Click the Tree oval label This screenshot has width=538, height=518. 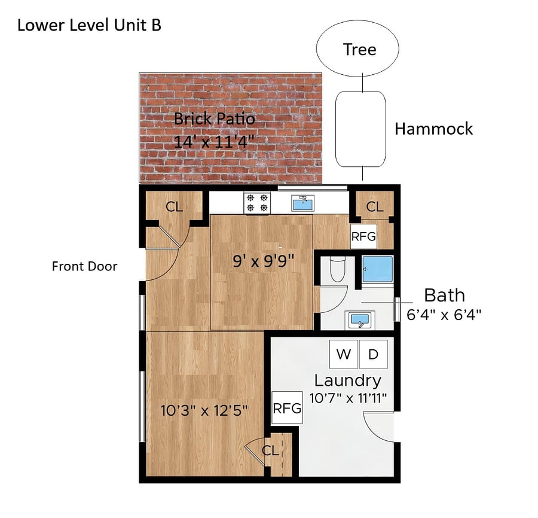click(359, 50)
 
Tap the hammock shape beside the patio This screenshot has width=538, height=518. click(360, 129)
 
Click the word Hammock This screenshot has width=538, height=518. click(433, 129)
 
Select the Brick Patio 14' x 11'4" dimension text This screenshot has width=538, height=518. click(214, 141)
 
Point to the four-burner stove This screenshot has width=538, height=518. click(257, 203)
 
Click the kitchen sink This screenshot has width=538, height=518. click(302, 203)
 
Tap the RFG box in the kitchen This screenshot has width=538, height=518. click(363, 236)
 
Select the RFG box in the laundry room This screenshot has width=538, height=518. click(287, 408)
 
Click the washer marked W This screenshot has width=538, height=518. click(344, 354)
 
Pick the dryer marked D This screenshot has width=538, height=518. click(373, 354)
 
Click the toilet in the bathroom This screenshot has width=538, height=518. click(337, 269)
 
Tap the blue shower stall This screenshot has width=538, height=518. click(378, 269)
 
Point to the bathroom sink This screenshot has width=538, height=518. click(360, 320)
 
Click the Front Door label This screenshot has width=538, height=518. click(84, 266)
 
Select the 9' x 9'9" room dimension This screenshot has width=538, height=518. click(264, 261)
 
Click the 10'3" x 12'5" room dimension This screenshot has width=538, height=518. click(204, 410)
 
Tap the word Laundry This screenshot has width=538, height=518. click(347, 381)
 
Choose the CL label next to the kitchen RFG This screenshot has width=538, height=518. click(374, 206)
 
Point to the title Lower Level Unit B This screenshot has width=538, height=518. click(89, 25)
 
